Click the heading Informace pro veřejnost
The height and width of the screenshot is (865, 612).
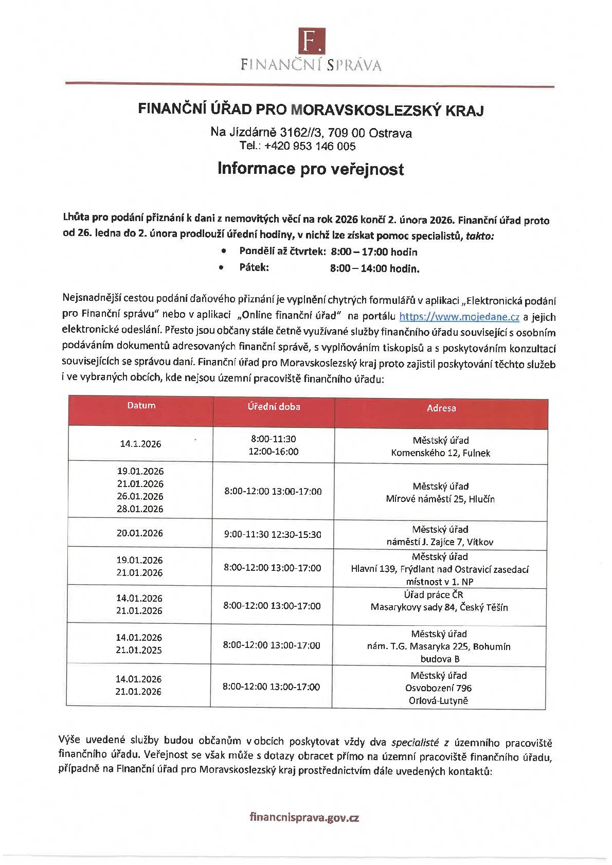point(310,169)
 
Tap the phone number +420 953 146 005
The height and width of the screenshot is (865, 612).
point(310,146)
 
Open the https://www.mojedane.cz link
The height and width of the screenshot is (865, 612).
point(459,316)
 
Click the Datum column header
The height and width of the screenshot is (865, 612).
point(141,406)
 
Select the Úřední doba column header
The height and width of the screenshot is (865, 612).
point(274,406)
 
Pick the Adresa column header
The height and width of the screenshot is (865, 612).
point(441,408)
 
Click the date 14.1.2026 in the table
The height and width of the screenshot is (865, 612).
point(140,444)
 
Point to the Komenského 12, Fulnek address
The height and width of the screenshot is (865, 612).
point(440,453)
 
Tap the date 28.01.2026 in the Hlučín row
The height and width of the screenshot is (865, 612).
point(140,509)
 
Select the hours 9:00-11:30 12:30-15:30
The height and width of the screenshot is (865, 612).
point(273,535)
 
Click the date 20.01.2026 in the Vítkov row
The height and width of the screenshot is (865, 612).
point(140,533)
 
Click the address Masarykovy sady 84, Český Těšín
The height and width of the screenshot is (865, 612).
point(439,607)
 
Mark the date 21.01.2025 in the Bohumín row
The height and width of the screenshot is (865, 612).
point(139,650)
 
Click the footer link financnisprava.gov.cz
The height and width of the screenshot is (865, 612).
point(304,818)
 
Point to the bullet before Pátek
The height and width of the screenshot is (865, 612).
point(222,267)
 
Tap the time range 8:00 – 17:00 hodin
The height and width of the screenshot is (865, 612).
point(374,252)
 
